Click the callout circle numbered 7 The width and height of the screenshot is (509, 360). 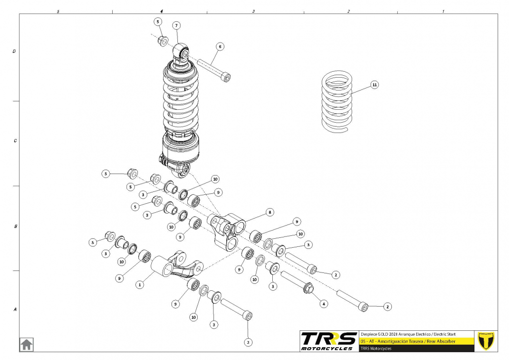click(x=176, y=25)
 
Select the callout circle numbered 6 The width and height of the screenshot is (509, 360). click(x=220, y=46)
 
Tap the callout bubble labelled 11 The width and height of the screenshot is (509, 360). click(x=375, y=85)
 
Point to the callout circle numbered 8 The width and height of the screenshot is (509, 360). click(x=270, y=212)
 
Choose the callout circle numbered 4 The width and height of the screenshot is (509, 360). click(x=324, y=303)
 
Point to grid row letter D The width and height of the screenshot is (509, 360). click(x=15, y=51)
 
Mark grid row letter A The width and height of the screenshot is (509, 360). click(x=15, y=310)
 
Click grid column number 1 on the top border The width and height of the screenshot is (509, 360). click(x=443, y=11)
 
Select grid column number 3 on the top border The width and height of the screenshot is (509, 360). click(x=254, y=11)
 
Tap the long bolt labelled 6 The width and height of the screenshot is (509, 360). click(x=214, y=69)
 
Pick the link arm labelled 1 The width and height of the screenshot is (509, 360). click(x=178, y=266)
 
